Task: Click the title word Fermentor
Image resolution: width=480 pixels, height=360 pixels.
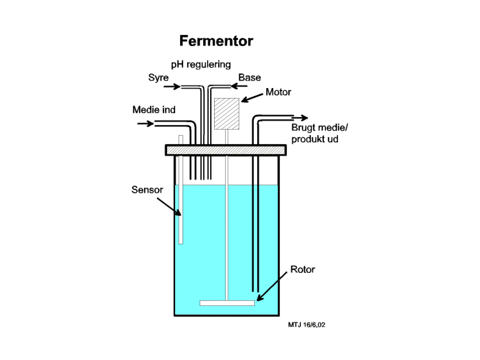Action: (216, 41)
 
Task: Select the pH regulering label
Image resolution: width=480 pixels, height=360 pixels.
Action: (201, 64)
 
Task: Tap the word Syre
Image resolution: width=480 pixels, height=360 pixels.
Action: (158, 78)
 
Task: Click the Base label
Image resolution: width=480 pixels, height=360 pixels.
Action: (249, 77)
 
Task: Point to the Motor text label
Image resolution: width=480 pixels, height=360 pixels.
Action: (278, 92)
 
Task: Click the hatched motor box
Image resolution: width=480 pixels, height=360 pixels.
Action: (227, 114)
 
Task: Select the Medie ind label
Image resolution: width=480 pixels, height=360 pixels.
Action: (154, 109)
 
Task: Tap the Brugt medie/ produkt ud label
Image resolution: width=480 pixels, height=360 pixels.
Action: (320, 133)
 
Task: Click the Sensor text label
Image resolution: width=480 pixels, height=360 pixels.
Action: (147, 190)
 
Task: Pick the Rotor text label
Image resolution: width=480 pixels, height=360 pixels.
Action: (302, 269)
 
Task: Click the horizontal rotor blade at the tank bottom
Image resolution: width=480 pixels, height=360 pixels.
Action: (227, 303)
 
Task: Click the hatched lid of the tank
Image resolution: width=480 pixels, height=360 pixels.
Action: (226, 150)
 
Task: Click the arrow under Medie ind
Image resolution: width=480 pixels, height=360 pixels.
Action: (145, 124)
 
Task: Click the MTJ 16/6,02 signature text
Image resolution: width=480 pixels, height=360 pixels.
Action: (307, 325)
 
